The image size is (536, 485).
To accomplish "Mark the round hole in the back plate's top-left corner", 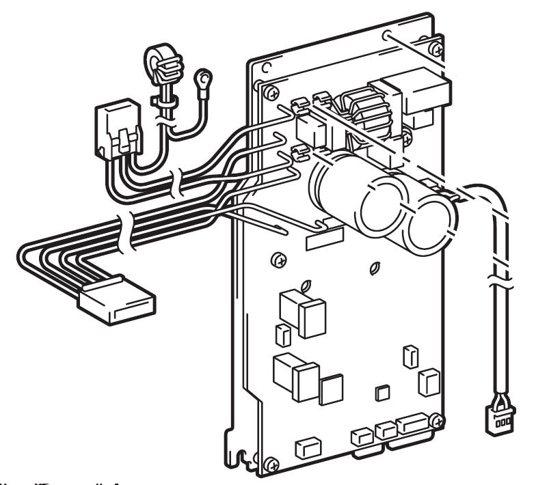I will point(263,66).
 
